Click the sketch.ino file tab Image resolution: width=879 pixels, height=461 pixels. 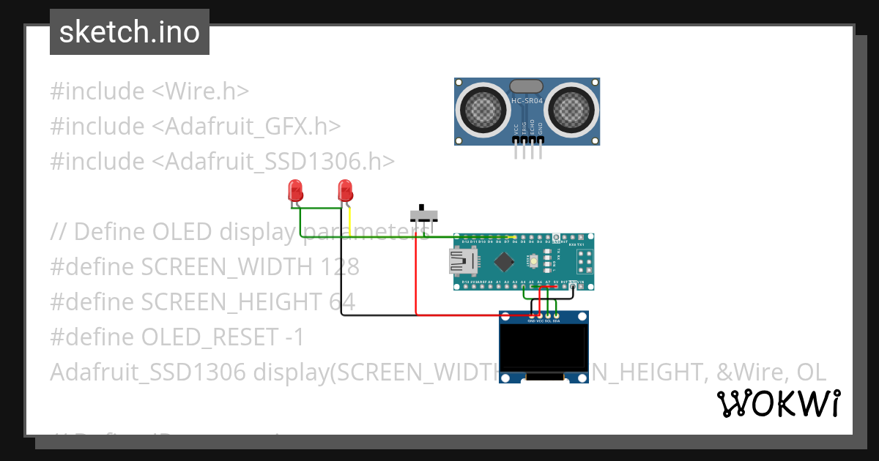(130, 32)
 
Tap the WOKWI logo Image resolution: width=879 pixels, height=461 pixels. (778, 404)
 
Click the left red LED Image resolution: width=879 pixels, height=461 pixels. (295, 192)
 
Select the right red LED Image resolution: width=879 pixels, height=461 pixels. (345, 192)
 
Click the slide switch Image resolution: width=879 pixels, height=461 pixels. (423, 214)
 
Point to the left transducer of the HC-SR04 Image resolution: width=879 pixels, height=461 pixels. (483, 110)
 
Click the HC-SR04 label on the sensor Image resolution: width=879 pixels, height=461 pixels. (527, 101)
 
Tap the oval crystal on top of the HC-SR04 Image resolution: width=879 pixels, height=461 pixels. (527, 86)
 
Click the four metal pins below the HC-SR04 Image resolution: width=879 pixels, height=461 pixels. (528, 151)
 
